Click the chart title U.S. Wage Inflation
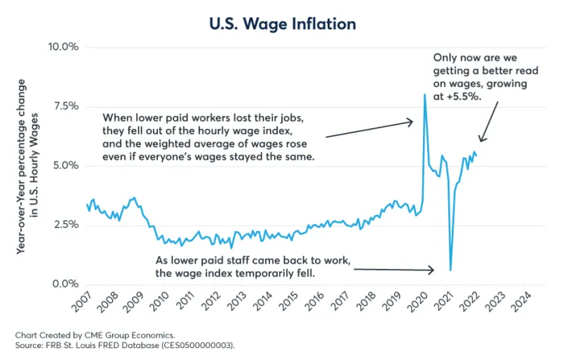coord(282,24)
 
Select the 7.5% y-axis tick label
coord(63,106)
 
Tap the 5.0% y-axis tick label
coord(63,166)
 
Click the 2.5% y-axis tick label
coord(63,225)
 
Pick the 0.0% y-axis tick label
coord(63,284)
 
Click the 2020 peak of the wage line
coord(424,95)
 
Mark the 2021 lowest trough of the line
coord(450,270)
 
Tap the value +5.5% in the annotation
coord(467,97)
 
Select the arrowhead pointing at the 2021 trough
coord(432,270)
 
